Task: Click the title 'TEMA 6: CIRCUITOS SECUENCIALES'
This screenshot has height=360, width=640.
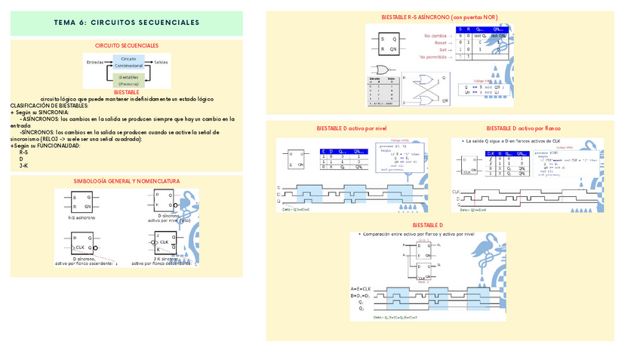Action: click(127, 23)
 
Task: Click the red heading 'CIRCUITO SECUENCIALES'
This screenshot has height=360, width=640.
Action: click(127, 46)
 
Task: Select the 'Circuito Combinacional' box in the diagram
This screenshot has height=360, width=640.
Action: click(128, 62)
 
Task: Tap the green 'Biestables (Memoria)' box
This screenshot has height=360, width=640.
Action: click(128, 79)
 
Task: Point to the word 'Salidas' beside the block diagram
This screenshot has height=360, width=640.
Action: click(161, 61)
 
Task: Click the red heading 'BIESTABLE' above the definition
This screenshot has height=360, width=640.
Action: click(127, 92)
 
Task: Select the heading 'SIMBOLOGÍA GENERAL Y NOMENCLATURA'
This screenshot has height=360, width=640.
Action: click(127, 182)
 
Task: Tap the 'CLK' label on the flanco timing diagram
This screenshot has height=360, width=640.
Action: click(455, 192)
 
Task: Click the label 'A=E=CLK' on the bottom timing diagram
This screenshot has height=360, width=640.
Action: click(362, 289)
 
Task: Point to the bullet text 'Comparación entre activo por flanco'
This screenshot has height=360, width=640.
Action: click(408, 235)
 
